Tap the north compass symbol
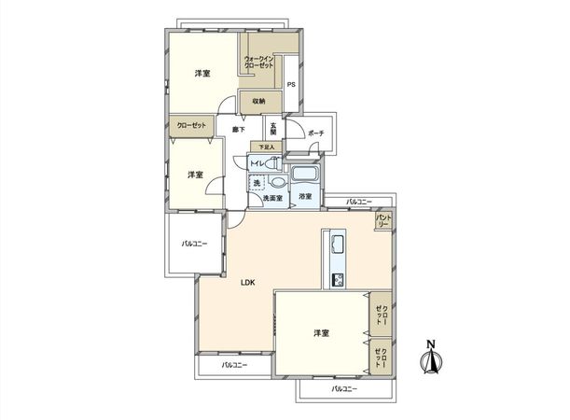pyautogui.click(x=430, y=358)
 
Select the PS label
pyautogui.click(x=291, y=86)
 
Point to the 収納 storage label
pyautogui.click(x=258, y=101)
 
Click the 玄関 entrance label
pyautogui.click(x=273, y=130)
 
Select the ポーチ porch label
pyautogui.click(x=315, y=133)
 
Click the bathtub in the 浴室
pyautogui.click(x=304, y=175)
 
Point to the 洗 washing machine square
pyautogui.click(x=257, y=182)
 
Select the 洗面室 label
pyautogui.click(x=271, y=198)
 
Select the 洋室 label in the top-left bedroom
pyautogui.click(x=202, y=73)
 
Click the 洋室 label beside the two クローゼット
pyautogui.click(x=321, y=332)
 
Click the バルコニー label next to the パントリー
pyautogui.click(x=357, y=202)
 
